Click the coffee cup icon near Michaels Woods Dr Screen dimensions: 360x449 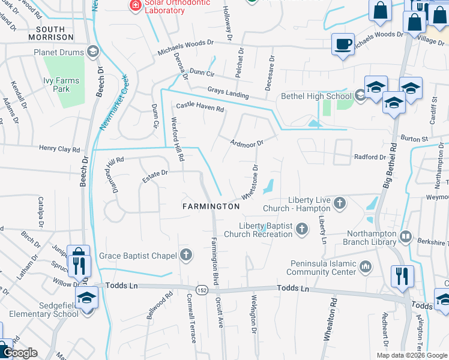(x=343, y=44)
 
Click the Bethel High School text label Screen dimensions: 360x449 (x=316, y=96)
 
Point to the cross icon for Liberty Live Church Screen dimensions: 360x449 (x=339, y=203)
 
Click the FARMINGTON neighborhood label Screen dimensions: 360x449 (x=211, y=206)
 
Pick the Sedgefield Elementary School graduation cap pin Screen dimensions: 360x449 (x=87, y=298)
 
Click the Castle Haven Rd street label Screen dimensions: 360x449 (x=199, y=107)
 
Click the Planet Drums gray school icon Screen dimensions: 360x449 (x=92, y=52)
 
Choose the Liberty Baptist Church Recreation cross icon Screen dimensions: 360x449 (x=302, y=229)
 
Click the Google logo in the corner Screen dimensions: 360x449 (x=20, y=353)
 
